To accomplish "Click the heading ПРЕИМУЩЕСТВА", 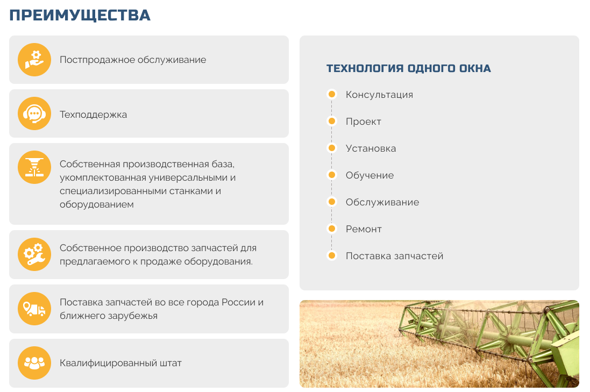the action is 80,16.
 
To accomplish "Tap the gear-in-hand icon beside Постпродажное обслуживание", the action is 34,60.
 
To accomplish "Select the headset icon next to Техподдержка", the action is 34,113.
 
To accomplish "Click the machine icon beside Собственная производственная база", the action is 34,167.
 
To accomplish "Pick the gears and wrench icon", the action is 34,254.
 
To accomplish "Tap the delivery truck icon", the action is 34,309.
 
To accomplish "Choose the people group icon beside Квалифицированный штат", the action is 34,362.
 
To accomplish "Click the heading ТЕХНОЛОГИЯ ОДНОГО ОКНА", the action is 409,68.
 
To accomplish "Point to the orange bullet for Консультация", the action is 331,94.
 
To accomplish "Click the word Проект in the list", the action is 364,122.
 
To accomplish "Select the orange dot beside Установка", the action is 331,148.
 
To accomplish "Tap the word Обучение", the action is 370,175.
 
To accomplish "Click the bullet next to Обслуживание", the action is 331,202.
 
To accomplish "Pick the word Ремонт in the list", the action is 364,229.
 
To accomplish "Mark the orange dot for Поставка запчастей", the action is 331,255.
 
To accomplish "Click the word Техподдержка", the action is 94,115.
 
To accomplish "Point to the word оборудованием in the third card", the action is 97,204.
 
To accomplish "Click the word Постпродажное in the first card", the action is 97,60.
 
